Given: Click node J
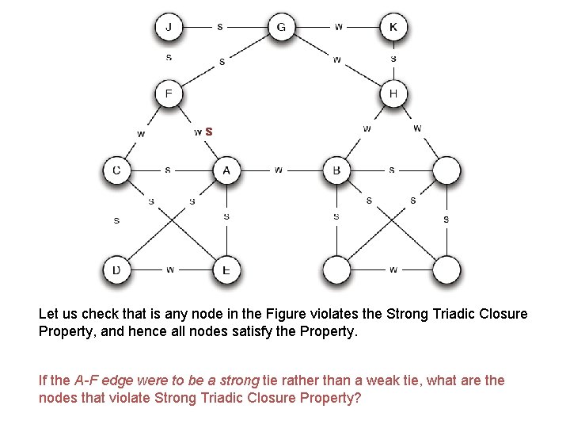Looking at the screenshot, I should [168, 28].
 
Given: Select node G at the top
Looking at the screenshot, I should [280, 28].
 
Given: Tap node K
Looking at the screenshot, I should [393, 28].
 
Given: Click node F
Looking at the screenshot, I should [168, 94].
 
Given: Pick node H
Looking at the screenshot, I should [393, 94].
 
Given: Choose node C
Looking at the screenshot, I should [116, 170].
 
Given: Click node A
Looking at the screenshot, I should [226, 170].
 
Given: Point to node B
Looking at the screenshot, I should [336, 170].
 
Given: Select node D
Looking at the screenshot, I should [116, 270].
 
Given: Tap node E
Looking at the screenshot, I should [226, 270].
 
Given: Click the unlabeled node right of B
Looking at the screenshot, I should [446, 170].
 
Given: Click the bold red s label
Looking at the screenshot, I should [208, 132].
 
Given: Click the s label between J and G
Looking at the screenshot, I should [220, 26].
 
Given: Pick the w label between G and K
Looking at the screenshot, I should [339, 26].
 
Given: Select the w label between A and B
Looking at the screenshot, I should [278, 170].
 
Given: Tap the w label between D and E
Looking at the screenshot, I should [171, 270].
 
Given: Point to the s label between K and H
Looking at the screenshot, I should [393, 58].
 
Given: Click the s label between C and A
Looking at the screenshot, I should [168, 170].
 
